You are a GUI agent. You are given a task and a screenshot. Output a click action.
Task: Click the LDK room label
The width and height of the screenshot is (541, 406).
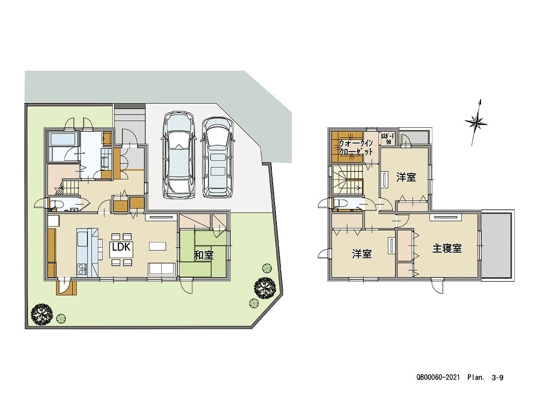pyautogui.click(x=121, y=247)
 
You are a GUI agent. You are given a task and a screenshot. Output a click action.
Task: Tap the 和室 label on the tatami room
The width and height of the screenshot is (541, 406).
pyautogui.click(x=204, y=255)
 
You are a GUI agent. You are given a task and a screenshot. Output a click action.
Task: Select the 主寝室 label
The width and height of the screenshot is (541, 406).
pyautogui.click(x=447, y=249)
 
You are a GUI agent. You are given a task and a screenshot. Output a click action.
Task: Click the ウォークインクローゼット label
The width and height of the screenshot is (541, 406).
pyautogui.click(x=356, y=148)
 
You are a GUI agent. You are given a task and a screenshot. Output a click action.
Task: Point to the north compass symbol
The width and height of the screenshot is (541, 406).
pyautogui.click(x=476, y=123)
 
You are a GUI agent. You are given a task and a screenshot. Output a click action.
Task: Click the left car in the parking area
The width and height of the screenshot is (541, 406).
pyautogui.click(x=179, y=155)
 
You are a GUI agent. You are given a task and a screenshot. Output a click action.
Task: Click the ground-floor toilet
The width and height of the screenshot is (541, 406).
pyautogui.click(x=57, y=204)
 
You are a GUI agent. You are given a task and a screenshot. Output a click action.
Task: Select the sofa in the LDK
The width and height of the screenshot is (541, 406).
pyautogui.click(x=162, y=268)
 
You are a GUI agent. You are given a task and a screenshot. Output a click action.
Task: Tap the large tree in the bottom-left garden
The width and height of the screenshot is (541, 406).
pyautogui.click(x=41, y=315)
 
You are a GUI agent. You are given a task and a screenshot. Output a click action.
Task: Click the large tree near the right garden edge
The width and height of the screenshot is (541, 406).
pyautogui.click(x=265, y=288)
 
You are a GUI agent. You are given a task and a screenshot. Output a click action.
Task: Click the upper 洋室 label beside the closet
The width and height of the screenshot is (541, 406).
pyautogui.click(x=406, y=177)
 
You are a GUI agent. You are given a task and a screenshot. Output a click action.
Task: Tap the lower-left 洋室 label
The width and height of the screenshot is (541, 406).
pyautogui.click(x=362, y=254)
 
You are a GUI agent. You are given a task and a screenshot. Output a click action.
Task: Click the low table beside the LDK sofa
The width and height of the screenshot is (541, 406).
pyautogui.click(x=157, y=246)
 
